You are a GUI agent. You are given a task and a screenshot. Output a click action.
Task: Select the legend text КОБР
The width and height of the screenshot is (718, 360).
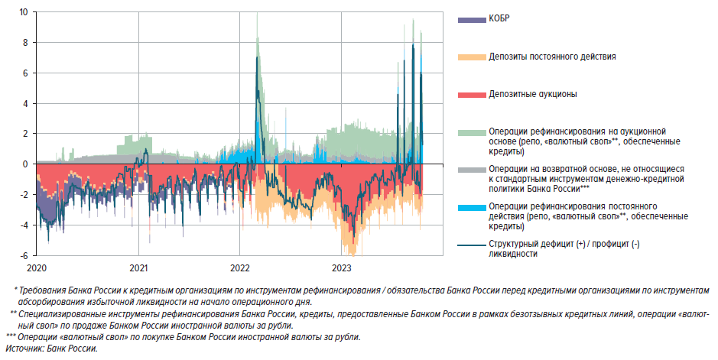tap(499, 18)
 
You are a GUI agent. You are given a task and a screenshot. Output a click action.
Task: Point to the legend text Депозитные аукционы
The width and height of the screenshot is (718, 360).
tap(532, 93)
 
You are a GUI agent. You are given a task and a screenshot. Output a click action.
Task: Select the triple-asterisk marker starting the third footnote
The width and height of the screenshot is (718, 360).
tap(11, 337)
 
